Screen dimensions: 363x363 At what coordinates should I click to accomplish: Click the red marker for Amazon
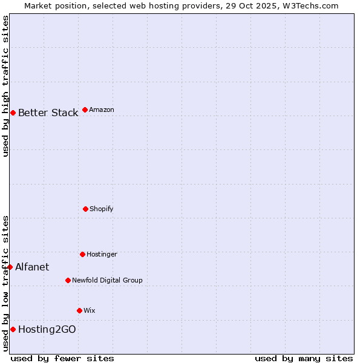point(85,110)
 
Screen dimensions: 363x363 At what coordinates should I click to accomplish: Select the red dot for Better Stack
point(13,113)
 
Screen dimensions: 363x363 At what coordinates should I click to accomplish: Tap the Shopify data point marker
point(85,209)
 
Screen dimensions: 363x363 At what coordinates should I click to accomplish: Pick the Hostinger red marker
point(82,254)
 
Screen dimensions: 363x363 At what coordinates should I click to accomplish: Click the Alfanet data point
point(10,267)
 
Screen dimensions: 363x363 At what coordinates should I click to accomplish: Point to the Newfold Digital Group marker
point(68,280)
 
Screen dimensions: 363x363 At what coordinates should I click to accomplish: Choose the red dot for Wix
point(79,310)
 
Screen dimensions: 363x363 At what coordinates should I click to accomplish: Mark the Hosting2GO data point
point(13,329)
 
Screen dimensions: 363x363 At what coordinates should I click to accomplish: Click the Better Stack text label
point(48,113)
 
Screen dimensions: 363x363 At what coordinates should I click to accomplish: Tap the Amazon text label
point(102,110)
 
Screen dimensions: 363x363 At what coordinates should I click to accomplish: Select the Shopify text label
point(102,209)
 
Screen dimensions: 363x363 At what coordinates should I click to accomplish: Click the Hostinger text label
point(102,254)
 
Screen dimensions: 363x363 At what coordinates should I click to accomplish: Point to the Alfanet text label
point(32,267)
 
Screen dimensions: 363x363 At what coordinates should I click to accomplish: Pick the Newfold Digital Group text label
point(107,280)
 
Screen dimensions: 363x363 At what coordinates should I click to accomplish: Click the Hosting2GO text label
point(47,329)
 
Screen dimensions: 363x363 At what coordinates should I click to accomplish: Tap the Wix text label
point(90,310)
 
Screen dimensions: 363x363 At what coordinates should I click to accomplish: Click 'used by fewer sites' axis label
point(62,358)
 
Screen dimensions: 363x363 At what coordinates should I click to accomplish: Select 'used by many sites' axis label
point(304,358)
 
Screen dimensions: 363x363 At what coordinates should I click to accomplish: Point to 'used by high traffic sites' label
point(5,86)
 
